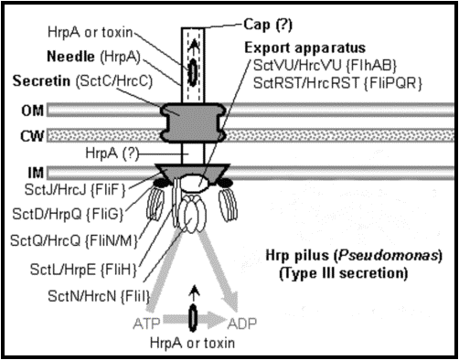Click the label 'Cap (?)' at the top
[268, 25]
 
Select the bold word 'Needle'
[70, 57]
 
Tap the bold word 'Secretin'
[41, 81]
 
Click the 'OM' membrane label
[32, 111]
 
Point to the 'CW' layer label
[32, 136]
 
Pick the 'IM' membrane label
[36, 173]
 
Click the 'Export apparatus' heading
[305, 48]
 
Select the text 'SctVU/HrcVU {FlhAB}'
[325, 65]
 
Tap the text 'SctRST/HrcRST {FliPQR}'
[337, 82]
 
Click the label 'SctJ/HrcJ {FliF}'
[75, 190]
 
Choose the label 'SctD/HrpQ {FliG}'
[68, 214]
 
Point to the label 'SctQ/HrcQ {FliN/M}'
[74, 240]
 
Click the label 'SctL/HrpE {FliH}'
[83, 270]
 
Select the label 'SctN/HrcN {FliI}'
[99, 296]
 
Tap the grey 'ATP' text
[146, 323]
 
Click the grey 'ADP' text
[242, 323]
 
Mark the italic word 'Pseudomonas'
[387, 256]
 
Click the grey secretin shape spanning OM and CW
[193, 122]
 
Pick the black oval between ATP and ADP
[193, 318]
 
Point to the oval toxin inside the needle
[193, 72]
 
